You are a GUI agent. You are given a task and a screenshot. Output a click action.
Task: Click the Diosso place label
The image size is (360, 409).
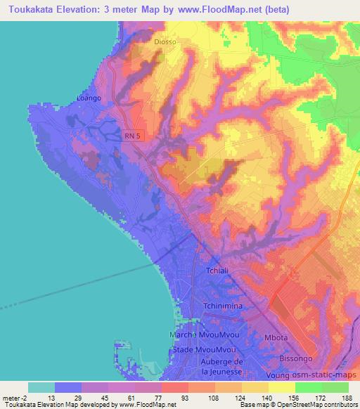166,41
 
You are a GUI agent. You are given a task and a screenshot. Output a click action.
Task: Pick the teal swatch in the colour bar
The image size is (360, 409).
41,387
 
